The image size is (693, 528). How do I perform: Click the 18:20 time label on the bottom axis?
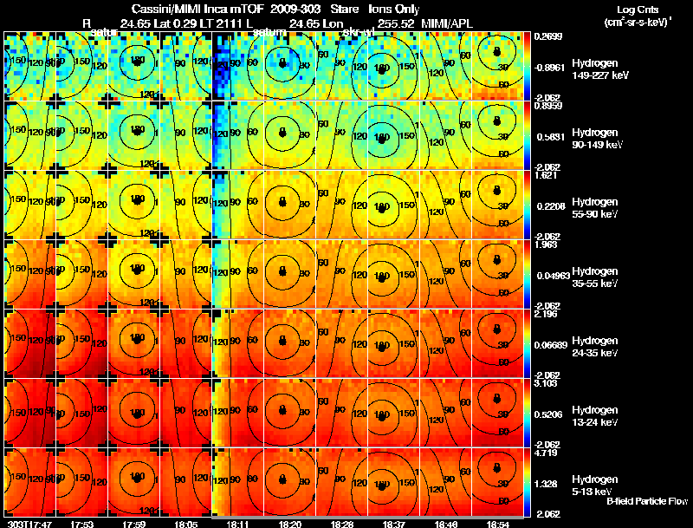coord(289,524)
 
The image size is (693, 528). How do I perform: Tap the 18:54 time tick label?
coord(497,524)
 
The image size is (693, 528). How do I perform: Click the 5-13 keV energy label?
coord(594,491)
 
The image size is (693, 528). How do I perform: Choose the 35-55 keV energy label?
coord(593,284)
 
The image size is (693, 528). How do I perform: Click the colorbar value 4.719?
coord(547,453)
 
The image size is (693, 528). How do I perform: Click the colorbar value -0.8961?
coord(550,67)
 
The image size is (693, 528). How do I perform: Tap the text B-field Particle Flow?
coord(646,501)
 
